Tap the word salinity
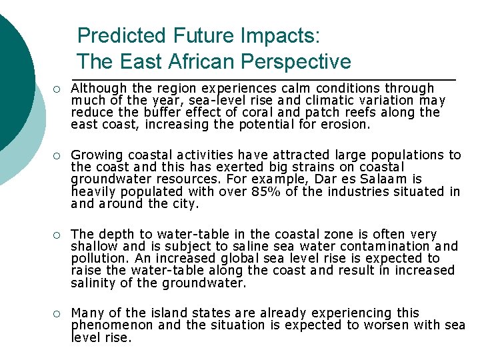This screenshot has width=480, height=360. click(x=92, y=283)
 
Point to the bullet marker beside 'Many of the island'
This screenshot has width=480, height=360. click(x=58, y=314)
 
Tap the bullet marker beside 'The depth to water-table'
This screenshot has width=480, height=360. click(x=58, y=235)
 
